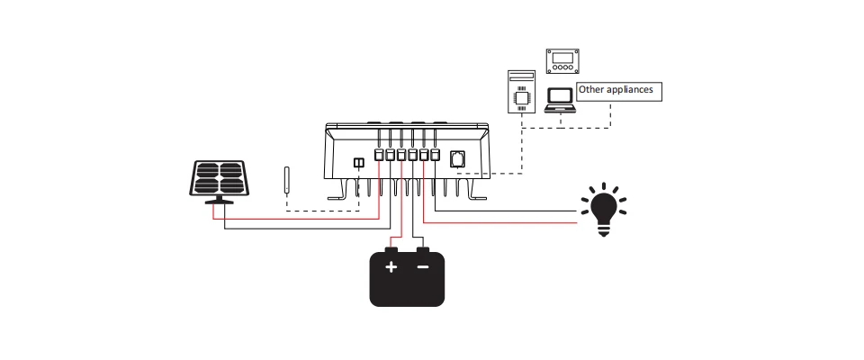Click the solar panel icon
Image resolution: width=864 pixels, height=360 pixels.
tap(219, 183)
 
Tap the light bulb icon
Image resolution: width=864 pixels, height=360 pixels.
tap(603, 210)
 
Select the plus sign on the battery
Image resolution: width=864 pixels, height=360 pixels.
tap(391, 267)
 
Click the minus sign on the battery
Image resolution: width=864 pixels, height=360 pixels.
tap(423, 267)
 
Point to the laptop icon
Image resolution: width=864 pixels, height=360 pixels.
tap(560, 101)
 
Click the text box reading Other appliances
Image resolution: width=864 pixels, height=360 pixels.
tap(619, 92)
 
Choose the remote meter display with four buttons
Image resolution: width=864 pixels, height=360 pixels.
tap(562, 60)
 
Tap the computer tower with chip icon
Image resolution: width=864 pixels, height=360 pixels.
tap(521, 92)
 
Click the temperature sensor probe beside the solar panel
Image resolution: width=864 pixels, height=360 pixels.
tap(286, 180)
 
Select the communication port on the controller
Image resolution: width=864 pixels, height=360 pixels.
tap(457, 159)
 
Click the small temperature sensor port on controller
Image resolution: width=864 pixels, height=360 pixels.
tap(359, 163)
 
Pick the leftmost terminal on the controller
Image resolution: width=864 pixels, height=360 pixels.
tap(379, 155)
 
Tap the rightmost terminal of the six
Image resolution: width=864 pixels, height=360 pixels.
tap(435, 155)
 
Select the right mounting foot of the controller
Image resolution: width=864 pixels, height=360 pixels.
tap(475, 190)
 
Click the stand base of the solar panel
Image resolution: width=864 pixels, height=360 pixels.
tap(219, 201)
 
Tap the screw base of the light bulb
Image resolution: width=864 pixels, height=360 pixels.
tap(603, 229)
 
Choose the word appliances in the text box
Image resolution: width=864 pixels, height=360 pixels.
tap(630, 90)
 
